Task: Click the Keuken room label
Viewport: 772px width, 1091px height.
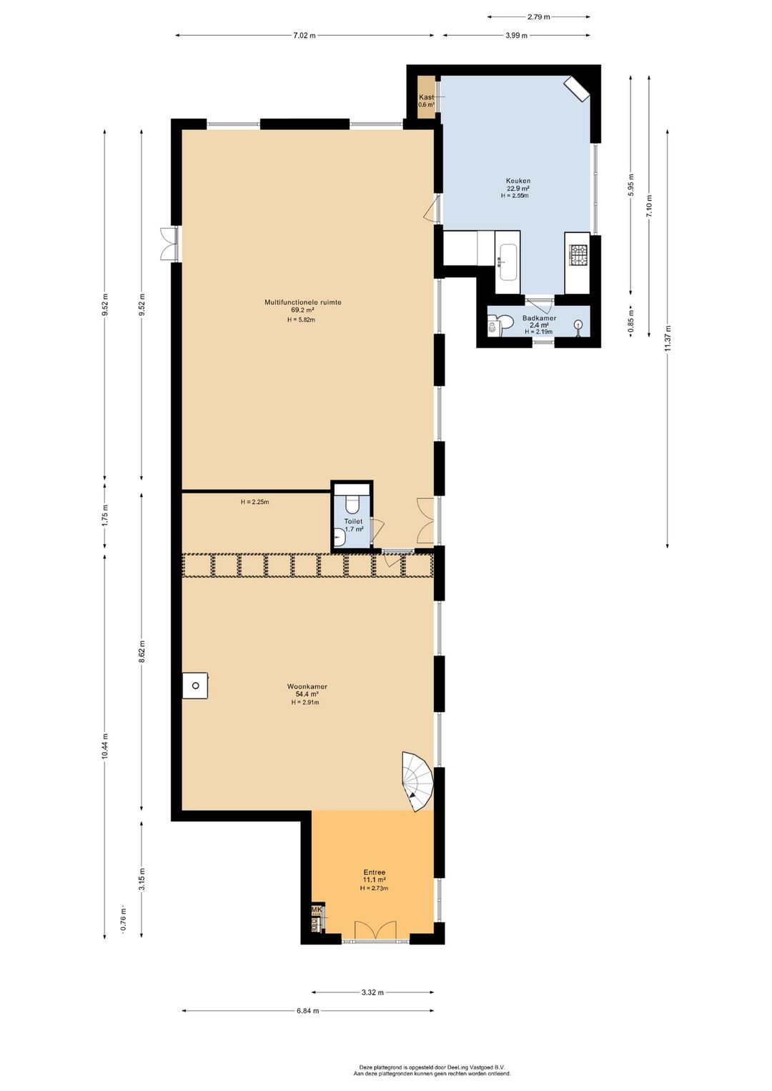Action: tap(518, 181)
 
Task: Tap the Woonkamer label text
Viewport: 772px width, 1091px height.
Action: tap(307, 686)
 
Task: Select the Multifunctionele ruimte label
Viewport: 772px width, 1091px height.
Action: tap(303, 302)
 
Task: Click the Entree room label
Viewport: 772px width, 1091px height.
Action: tap(375, 872)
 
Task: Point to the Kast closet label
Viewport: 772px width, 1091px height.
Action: tap(426, 97)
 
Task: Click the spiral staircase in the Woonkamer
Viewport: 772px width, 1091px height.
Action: tap(417, 781)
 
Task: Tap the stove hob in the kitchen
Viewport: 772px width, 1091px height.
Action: tap(578, 253)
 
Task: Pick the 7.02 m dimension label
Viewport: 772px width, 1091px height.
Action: tap(304, 35)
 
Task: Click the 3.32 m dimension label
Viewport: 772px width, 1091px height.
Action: tap(372, 992)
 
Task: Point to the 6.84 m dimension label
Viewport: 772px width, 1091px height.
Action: tap(307, 1011)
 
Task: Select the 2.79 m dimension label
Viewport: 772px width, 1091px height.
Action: tap(538, 16)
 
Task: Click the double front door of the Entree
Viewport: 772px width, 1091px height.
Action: tap(375, 931)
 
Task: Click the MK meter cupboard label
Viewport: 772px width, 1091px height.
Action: tap(316, 910)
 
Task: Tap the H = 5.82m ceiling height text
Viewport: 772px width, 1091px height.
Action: tap(301, 320)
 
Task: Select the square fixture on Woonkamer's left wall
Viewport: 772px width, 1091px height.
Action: tap(194, 686)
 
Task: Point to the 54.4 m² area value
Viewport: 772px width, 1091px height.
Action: tap(307, 694)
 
